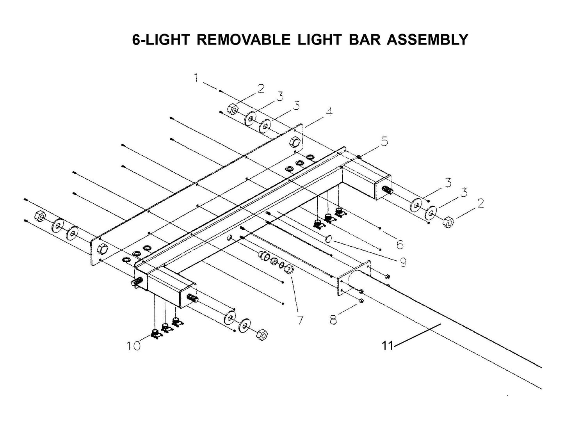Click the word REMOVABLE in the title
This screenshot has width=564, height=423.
(x=244, y=39)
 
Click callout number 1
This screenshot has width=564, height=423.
(x=196, y=78)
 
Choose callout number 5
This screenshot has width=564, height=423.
(x=384, y=141)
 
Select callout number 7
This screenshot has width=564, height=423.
(x=300, y=320)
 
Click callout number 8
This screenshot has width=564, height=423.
(x=333, y=320)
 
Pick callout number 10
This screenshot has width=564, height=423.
(x=133, y=346)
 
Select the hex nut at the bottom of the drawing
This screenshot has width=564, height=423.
(x=261, y=334)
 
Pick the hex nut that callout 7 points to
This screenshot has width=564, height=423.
(x=289, y=269)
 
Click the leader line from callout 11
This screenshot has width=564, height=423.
(x=418, y=334)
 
